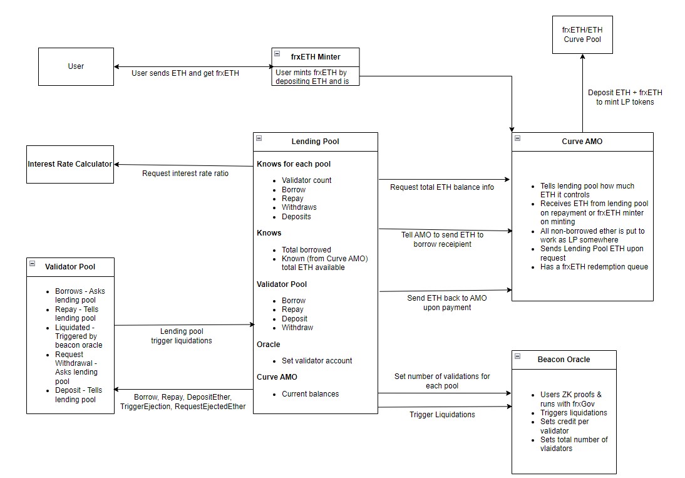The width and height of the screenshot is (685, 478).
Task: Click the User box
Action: point(76,66)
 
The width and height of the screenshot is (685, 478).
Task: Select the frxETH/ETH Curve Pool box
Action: point(582,35)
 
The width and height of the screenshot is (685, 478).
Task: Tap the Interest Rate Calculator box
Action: point(70,164)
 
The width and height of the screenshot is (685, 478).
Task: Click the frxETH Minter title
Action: point(316,57)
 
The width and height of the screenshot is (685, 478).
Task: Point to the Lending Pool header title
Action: point(316,142)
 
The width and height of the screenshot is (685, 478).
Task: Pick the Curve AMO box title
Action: point(582,142)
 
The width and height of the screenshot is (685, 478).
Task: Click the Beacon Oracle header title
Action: point(564,360)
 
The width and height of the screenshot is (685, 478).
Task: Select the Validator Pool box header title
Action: point(70,267)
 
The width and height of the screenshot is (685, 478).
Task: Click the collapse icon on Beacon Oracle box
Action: point(518,356)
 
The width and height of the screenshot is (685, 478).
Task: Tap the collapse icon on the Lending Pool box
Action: point(259,138)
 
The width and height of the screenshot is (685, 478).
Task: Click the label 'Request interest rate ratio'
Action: point(185,174)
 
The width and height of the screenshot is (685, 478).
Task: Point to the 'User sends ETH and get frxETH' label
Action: point(185,73)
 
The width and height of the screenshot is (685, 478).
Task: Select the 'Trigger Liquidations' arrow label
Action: point(442,415)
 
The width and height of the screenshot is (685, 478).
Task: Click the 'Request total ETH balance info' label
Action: point(442,187)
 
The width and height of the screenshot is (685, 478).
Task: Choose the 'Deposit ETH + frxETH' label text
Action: point(625,93)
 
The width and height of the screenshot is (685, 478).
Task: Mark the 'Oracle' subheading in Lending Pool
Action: point(268,345)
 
